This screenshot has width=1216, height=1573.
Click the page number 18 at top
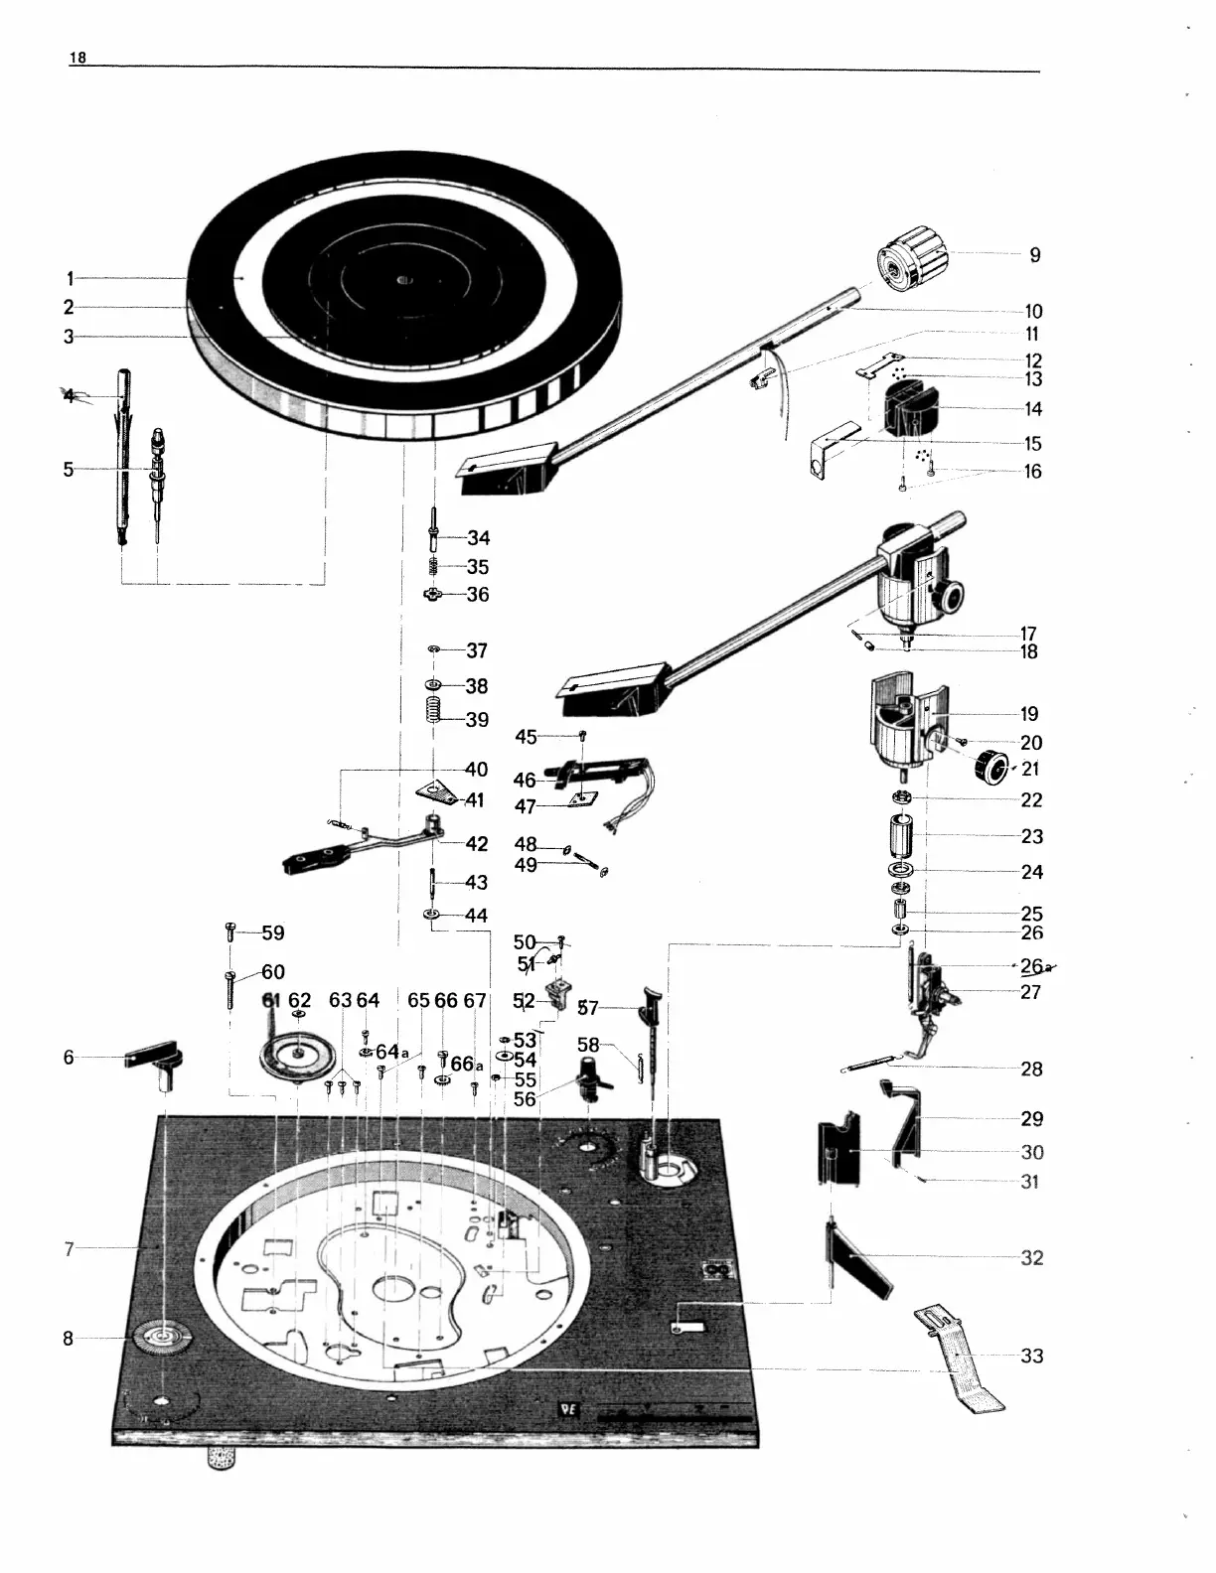coord(76,58)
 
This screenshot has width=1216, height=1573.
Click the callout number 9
coord(1034,255)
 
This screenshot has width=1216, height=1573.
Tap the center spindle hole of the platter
coord(402,280)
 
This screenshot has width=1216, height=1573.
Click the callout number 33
coord(1032,1356)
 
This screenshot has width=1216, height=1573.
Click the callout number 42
coord(477,844)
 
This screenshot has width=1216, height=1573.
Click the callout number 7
coord(70,1249)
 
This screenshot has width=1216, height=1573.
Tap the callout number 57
coord(588,1008)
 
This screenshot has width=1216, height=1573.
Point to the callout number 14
coord(1033,409)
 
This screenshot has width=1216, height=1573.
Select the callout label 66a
coord(466,1065)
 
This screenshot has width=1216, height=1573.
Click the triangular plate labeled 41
coord(434,792)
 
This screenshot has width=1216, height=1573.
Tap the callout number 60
coord(273,972)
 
